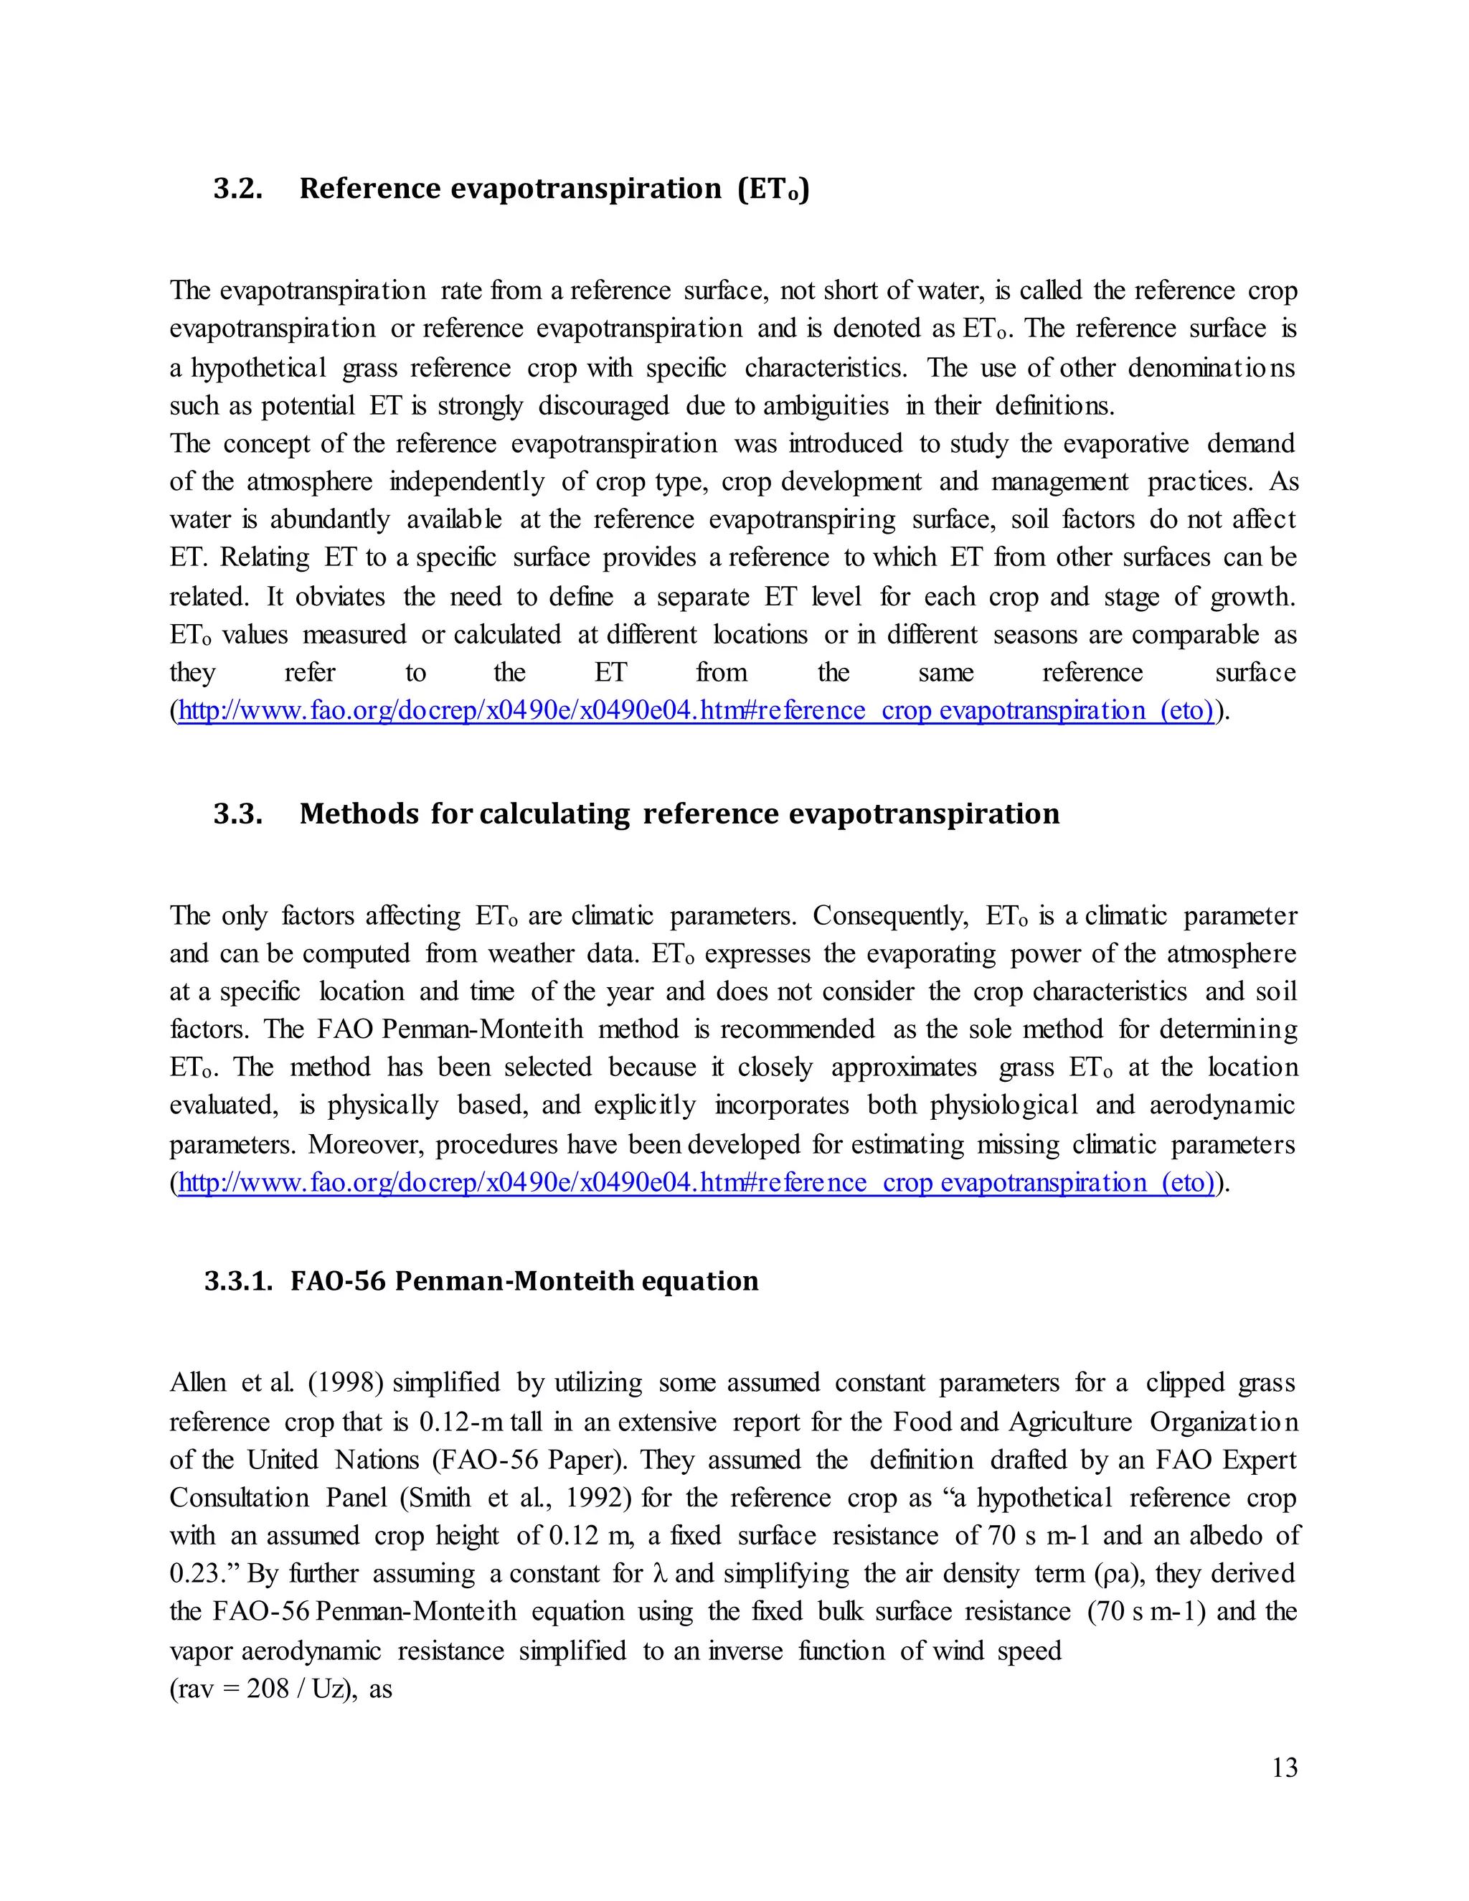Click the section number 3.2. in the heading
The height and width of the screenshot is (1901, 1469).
237,189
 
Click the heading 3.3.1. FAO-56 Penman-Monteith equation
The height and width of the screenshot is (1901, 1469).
481,1281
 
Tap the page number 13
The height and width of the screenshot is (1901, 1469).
1285,1768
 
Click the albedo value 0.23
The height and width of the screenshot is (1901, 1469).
197,1574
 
